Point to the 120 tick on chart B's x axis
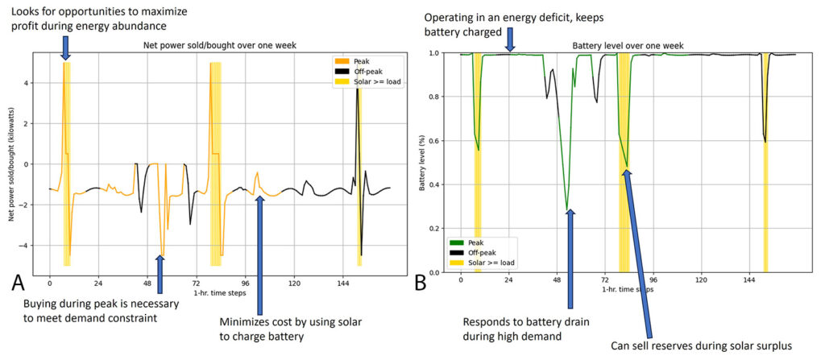coord(701,283)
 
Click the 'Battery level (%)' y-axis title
coord(421,162)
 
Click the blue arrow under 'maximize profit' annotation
coord(65,47)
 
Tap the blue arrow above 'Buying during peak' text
coord(160,274)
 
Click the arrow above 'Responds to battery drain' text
coord(571,258)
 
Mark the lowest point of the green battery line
coord(567,209)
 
